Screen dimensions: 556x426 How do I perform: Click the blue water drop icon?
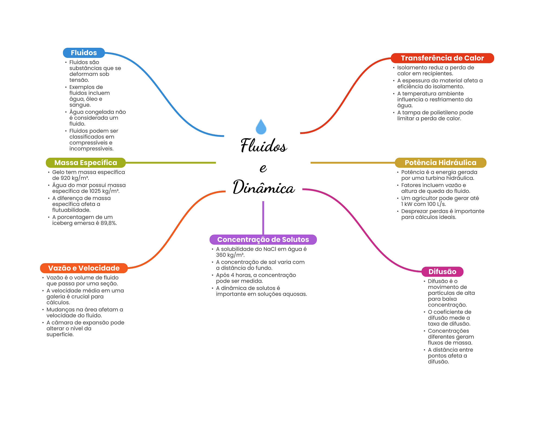pos(261,127)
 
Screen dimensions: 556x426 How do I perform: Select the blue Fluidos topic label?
pos(84,53)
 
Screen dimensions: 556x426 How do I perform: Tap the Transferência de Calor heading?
pos(442,58)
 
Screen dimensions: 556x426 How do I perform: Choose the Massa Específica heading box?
pos(86,163)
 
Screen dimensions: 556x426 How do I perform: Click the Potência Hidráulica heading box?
pos(440,163)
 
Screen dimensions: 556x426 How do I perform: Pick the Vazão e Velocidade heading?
pos(84,268)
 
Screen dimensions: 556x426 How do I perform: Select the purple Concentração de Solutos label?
pos(263,239)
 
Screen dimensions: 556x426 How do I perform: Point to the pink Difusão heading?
pos(442,272)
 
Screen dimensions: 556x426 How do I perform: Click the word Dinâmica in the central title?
pos(264,187)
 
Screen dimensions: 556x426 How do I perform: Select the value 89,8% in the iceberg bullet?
pos(109,223)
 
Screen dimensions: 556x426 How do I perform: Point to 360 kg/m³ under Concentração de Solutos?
pos(230,255)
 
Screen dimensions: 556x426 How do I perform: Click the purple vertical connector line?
pos(263,218)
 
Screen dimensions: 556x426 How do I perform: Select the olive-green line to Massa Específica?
pos(171,163)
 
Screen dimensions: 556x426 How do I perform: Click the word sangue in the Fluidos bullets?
pos(80,105)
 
